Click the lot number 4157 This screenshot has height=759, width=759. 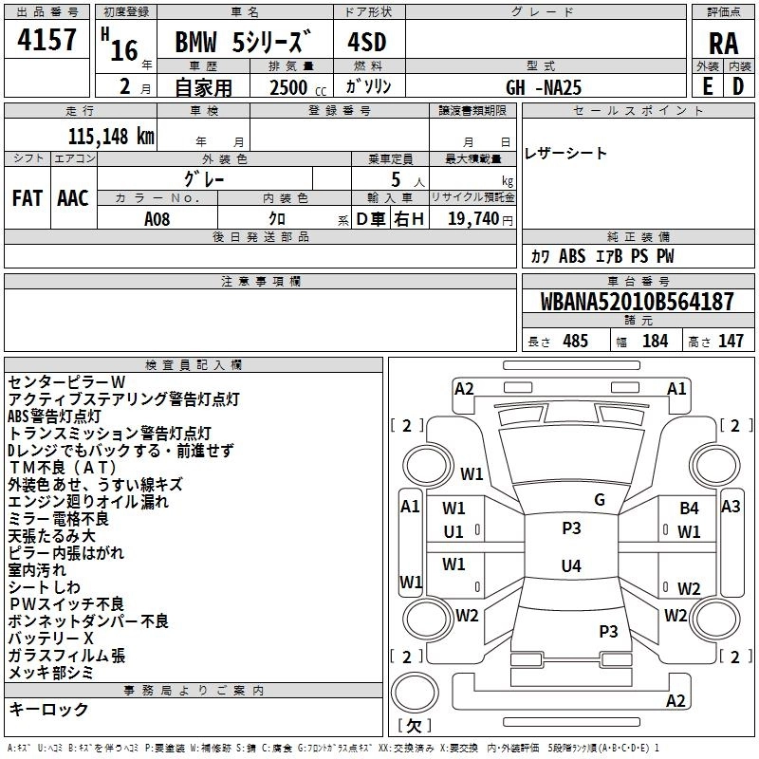coord(46,40)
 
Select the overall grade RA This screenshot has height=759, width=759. coord(723,44)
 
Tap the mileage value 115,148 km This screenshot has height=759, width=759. coord(111,136)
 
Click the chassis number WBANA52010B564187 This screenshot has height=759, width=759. coord(637,302)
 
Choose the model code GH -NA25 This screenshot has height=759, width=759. coord(543,87)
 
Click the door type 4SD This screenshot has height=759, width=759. coord(367,42)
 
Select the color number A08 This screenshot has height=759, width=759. coord(157,219)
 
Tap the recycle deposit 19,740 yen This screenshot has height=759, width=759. coord(480,219)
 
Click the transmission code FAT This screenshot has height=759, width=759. coord(28,198)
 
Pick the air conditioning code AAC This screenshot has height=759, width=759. coord(73,198)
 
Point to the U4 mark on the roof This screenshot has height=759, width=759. coord(571,565)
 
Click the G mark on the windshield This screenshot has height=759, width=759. coord(600,500)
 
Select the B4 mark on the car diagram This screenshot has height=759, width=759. coord(689,509)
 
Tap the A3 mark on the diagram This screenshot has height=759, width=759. coord(731,507)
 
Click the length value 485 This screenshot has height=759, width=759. coord(576,341)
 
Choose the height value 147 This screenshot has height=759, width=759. coord(731,341)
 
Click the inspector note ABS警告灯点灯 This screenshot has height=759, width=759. coord(54,417)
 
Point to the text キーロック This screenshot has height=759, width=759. coord(48,710)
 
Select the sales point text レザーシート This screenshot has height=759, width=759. coord(565,154)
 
